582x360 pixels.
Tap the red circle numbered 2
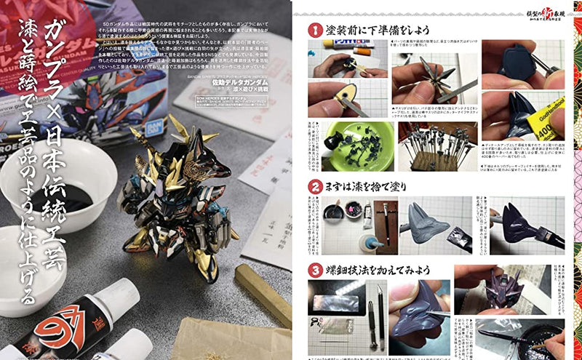point(314,186)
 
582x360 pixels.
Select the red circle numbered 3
point(314,270)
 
